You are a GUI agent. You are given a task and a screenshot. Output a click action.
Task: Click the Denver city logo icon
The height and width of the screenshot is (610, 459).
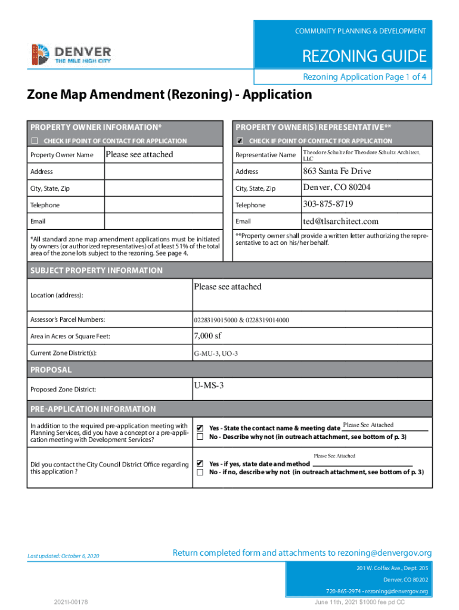click(x=39, y=54)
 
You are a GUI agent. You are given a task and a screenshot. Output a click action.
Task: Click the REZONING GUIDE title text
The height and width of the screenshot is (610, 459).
click(x=364, y=57)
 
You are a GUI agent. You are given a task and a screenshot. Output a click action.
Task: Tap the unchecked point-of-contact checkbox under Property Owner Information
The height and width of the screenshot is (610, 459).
click(x=35, y=141)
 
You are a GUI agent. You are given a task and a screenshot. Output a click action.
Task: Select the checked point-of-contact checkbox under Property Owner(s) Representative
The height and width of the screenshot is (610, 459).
click(x=240, y=141)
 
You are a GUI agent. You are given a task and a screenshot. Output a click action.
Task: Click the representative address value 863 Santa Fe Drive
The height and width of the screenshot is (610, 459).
click(x=336, y=171)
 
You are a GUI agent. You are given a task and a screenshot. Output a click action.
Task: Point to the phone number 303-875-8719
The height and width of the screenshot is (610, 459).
click(x=327, y=204)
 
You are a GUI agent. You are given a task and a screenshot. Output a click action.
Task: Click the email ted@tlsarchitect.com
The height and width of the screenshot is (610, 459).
click(x=340, y=221)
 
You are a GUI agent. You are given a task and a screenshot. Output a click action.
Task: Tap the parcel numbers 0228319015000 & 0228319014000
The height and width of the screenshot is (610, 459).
click(x=241, y=320)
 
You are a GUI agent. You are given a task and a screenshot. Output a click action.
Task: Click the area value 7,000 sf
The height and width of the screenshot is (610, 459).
click(x=207, y=336)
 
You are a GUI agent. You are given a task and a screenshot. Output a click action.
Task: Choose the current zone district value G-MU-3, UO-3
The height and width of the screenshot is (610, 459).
click(x=215, y=354)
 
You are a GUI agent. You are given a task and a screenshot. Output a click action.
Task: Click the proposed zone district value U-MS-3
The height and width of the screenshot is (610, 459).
click(x=209, y=385)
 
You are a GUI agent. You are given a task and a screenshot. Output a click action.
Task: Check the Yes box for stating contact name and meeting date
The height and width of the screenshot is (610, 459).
click(x=200, y=428)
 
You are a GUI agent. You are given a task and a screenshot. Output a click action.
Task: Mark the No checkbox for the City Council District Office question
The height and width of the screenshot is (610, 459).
click(x=200, y=472)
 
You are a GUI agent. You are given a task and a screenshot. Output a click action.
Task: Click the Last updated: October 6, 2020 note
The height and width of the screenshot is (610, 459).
click(x=63, y=556)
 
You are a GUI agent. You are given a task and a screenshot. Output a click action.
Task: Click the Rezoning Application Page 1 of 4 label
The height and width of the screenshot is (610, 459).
click(x=365, y=77)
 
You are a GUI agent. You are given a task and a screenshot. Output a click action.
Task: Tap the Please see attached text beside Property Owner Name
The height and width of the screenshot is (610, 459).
click(x=139, y=154)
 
